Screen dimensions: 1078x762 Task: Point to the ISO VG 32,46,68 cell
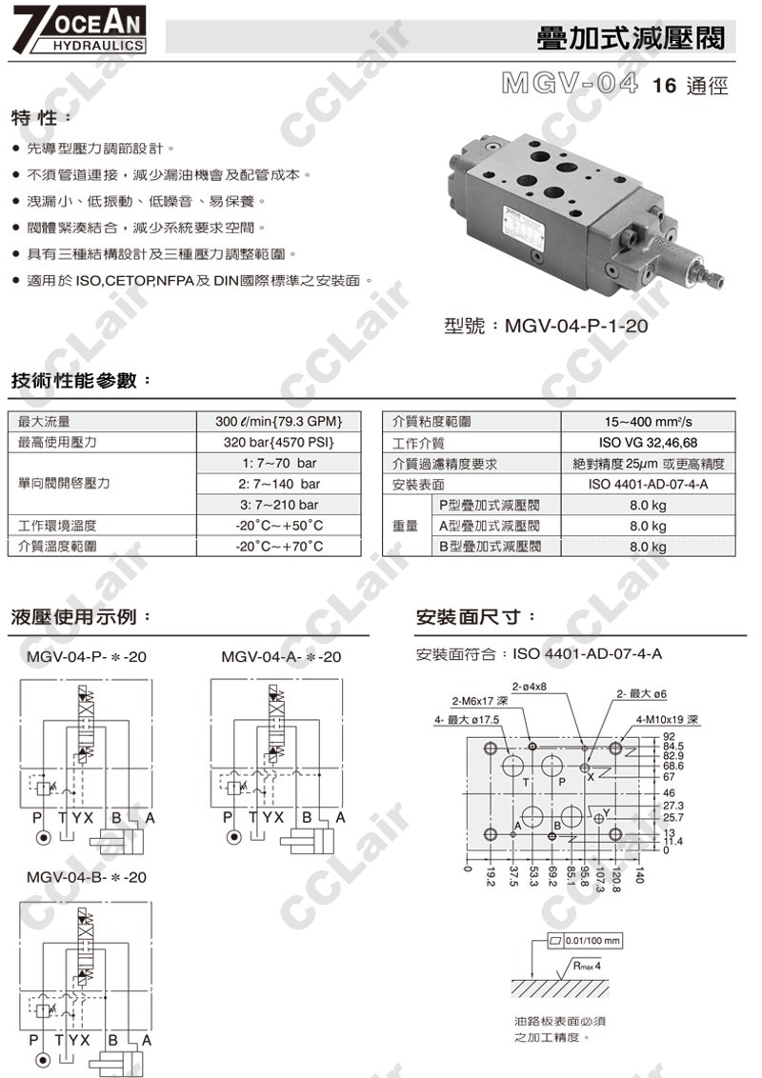click(x=648, y=443)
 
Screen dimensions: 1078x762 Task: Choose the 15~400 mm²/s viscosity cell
click(x=648, y=422)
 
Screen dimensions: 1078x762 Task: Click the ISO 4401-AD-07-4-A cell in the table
click(x=648, y=485)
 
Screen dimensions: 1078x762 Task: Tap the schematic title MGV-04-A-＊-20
click(x=281, y=657)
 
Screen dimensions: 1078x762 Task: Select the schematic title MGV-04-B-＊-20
click(x=87, y=876)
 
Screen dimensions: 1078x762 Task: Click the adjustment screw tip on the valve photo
click(x=718, y=281)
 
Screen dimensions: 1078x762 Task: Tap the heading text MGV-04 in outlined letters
click(x=569, y=84)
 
